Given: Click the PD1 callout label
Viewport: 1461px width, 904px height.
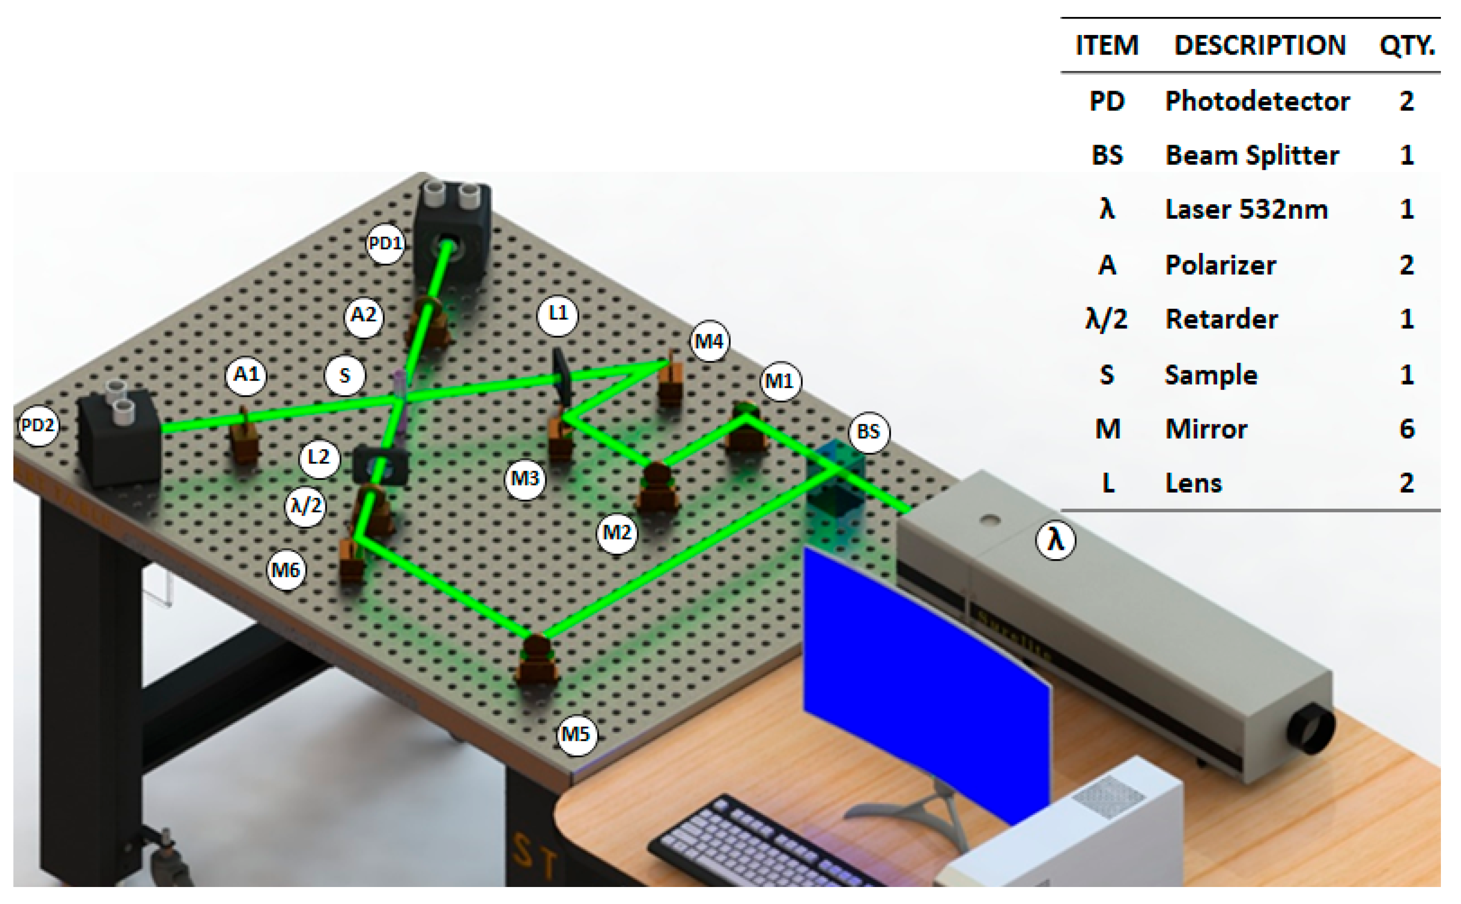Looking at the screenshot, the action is [385, 244].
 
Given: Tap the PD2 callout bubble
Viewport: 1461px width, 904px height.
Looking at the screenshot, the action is [38, 426].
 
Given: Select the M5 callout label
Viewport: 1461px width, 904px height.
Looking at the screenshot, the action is [576, 734].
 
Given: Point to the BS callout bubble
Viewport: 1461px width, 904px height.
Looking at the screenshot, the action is [868, 432].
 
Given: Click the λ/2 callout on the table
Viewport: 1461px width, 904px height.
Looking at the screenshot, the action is [305, 507].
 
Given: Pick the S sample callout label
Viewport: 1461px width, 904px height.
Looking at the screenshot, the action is [345, 375].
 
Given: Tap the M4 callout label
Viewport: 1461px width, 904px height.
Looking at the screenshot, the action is [709, 341].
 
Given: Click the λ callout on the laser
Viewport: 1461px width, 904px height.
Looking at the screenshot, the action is [1055, 540].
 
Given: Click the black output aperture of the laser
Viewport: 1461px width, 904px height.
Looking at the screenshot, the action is [1310, 729].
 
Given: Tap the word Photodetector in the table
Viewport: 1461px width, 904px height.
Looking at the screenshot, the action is [1257, 101].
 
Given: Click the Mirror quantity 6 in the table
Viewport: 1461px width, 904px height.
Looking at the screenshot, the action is [1406, 429].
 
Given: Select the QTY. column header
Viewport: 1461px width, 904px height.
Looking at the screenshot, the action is [1406, 45].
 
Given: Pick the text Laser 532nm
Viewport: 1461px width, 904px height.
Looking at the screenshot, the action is [1246, 209].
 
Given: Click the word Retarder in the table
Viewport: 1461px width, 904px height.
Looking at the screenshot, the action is [1221, 319].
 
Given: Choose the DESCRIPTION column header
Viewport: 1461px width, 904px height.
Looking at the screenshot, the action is [1260, 45].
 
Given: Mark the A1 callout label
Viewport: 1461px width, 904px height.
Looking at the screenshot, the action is [246, 375].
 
